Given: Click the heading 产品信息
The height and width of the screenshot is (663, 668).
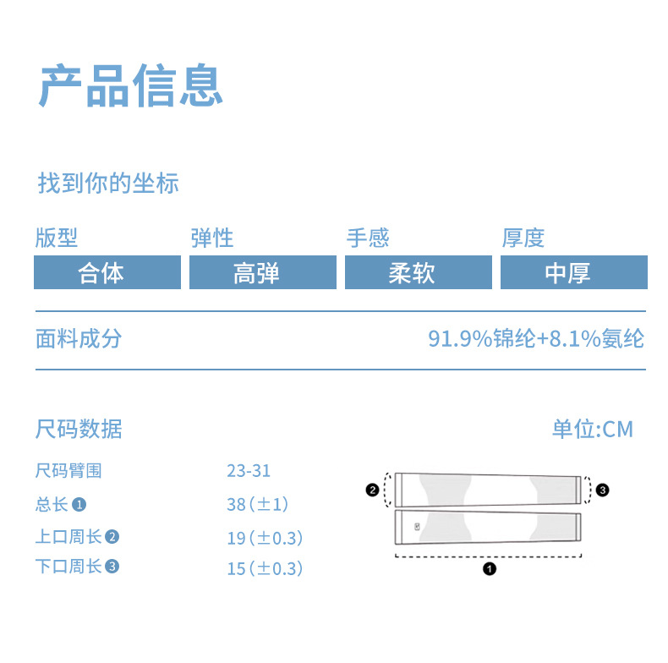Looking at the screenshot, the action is click(131, 85).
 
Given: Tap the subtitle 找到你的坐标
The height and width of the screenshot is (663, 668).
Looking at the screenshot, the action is click(108, 184).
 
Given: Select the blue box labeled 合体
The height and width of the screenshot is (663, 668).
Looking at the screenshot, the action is click(107, 273).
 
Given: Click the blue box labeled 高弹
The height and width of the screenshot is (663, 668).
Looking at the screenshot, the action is click(262, 273).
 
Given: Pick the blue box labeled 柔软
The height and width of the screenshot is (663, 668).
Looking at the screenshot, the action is click(418, 273).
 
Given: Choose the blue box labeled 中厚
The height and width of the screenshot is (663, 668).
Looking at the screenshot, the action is click(573, 273).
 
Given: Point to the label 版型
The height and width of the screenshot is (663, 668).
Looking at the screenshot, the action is click(57, 238).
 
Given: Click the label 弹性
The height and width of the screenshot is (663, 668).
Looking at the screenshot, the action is click(212, 238).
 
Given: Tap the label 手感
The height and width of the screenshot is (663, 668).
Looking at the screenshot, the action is click(368, 238).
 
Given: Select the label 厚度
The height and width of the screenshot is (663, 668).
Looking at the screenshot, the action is click(523, 238).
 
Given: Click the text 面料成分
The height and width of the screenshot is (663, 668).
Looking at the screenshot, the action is click(79, 339).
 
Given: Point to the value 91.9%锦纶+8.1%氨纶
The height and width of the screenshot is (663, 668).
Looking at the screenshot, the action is click(536, 339).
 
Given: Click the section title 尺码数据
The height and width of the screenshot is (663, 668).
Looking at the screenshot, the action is click(79, 429).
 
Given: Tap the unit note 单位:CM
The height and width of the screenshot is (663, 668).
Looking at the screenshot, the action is click(593, 429).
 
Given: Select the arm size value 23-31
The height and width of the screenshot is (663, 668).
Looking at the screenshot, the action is click(249, 471).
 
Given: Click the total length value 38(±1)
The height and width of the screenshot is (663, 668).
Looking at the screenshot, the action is click(258, 504).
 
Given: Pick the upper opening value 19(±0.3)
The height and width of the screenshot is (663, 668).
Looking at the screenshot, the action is click(265, 538).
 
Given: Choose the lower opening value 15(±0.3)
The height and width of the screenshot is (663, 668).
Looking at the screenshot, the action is click(265, 568).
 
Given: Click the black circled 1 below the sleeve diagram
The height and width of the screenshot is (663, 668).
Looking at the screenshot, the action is click(489, 569).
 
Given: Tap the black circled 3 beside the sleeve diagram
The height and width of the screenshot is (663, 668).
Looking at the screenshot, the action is click(601, 489).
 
